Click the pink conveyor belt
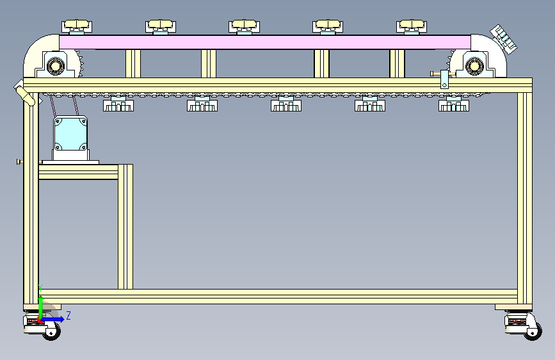(x=265, y=42)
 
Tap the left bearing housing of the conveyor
(x=54, y=65)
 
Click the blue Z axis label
(x=68, y=315)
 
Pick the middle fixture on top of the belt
(x=245, y=26)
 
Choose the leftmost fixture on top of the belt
(x=77, y=26)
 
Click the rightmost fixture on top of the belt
(x=412, y=26)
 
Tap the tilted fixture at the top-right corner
(x=503, y=37)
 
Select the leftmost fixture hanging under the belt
(x=118, y=104)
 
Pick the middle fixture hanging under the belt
(x=286, y=104)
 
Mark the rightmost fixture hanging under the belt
(x=453, y=104)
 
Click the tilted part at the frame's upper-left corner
(x=25, y=93)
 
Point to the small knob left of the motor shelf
(x=19, y=161)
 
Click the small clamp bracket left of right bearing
(x=444, y=79)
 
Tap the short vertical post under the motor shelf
(x=125, y=227)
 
